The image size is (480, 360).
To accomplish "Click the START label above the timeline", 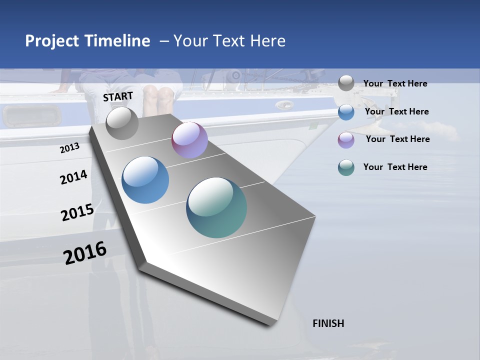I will [x=118, y=96].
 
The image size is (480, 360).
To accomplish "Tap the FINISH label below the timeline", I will [x=328, y=323].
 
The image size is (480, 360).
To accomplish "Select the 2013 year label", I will [x=69, y=147].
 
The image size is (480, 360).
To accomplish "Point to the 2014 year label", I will [x=73, y=177].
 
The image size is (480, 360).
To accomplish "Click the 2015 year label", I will [x=77, y=212].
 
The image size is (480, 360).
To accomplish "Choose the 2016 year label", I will [x=85, y=253].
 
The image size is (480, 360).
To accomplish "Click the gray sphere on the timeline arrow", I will [x=122, y=123].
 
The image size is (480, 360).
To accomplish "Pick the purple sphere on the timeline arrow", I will [x=189, y=140].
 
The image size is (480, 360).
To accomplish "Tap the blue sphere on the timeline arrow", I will [x=145, y=180].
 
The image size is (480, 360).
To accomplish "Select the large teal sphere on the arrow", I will [x=216, y=207].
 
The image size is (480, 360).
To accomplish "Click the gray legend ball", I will [x=346, y=83].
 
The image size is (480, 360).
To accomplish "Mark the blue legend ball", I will [x=346, y=112].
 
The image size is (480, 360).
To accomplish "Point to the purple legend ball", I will [x=346, y=139].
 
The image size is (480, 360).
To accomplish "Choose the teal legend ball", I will [x=346, y=167].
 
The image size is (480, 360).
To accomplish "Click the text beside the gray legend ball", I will [x=395, y=83].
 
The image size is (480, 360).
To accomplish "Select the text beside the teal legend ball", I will [x=395, y=167].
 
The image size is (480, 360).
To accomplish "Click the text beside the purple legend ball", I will [x=397, y=139].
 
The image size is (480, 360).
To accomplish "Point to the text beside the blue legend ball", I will [x=396, y=111].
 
